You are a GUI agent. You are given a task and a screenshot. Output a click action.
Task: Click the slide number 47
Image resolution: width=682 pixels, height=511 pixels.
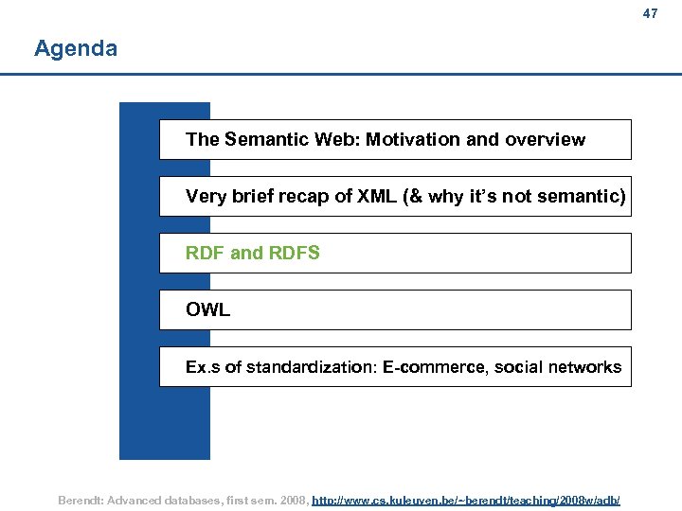pyautogui.click(x=650, y=14)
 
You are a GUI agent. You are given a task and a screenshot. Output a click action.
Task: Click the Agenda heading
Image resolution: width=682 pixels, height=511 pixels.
pyautogui.click(x=76, y=48)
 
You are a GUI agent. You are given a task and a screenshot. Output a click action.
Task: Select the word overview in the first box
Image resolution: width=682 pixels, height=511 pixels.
pyautogui.click(x=545, y=140)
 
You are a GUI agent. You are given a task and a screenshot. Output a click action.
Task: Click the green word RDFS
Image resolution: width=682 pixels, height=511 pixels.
pyautogui.click(x=295, y=254)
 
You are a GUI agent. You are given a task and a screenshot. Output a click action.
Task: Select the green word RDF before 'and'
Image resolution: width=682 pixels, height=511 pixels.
pyautogui.click(x=205, y=254)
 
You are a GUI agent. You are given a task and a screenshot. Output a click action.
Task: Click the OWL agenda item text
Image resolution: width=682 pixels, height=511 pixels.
pyautogui.click(x=207, y=310)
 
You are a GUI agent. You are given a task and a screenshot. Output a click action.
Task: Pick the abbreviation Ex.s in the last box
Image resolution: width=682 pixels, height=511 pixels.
pyautogui.click(x=203, y=367)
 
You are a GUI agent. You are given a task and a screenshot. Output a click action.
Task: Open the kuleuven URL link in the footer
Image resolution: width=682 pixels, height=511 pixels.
pyautogui.click(x=466, y=499)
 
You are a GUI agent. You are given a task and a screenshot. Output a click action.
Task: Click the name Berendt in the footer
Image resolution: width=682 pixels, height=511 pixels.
pyautogui.click(x=83, y=499)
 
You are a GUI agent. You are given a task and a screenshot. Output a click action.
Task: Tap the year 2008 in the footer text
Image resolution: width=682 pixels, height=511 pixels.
pyautogui.click(x=290, y=499)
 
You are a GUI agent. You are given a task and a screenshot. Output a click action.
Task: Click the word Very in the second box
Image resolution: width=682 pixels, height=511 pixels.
pyautogui.click(x=206, y=197)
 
